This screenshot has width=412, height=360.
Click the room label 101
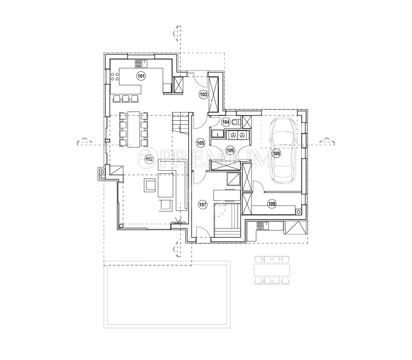pyautogui.click(x=141, y=77)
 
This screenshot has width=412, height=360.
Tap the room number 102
pyautogui.click(x=149, y=159)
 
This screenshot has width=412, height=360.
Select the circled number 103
pyautogui.click(x=203, y=94)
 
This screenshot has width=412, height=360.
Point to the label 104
pyautogui.click(x=226, y=122)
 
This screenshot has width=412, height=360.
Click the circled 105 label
pyautogui.click(x=200, y=143)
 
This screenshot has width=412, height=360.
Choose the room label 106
pyautogui.click(x=230, y=150)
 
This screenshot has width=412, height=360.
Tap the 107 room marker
pyautogui.click(x=203, y=204)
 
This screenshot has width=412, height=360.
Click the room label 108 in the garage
pyautogui.click(x=276, y=153)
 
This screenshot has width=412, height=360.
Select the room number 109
pyautogui.click(x=272, y=204)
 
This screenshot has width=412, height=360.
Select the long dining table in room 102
pyautogui.click(x=134, y=129)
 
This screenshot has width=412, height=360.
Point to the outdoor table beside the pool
pyautogui.click(x=272, y=270)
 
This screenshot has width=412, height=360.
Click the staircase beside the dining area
pyautogui.click(x=181, y=123)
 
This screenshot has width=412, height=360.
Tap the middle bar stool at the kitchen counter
pyautogui.click(x=126, y=98)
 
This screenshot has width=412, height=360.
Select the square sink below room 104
pyautogui.click(x=217, y=134)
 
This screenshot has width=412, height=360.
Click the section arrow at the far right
pyautogui.click(x=327, y=141)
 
